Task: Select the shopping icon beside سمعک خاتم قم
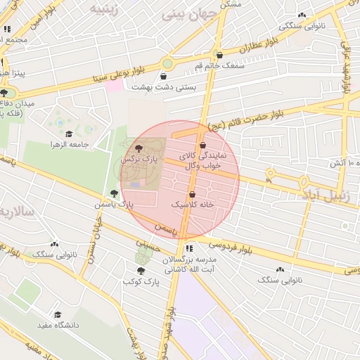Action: (219, 54)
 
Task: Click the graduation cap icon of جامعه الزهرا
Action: (69, 133)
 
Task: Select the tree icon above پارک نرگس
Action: (138, 148)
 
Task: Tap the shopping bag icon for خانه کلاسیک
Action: (192, 195)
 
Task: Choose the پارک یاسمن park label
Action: (114, 204)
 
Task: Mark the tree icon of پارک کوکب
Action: (141, 270)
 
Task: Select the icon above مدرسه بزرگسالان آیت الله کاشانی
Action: (189, 248)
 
